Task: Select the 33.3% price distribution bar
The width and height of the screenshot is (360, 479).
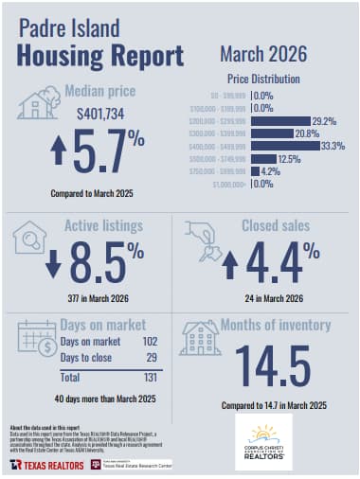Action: coord(285,146)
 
